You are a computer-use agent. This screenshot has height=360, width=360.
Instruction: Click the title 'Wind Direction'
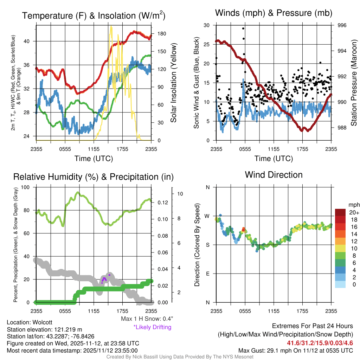pos(274,175)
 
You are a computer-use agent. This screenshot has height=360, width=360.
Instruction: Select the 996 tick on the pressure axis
pos(342,25)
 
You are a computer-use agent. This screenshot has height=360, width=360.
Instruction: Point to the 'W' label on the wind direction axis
pos(207,216)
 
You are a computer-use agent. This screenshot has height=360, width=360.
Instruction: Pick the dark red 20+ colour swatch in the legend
pos(341,212)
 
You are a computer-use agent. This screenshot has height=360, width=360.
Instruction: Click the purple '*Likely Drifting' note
pos(152,327)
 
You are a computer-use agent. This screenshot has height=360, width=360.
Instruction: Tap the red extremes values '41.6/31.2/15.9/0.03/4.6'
pos(320,343)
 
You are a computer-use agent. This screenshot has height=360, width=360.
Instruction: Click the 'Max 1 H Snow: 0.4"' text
pos(147,319)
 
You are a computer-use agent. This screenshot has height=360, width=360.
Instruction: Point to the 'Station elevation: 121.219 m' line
pos(44,329)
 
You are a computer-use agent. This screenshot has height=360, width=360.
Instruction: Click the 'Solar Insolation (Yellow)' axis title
pos(174,83)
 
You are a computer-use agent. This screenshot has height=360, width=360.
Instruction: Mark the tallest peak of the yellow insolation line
pos(111,26)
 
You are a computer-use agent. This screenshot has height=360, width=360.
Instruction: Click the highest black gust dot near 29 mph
pos(243,28)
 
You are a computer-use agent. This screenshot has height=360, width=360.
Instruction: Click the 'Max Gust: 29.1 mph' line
pos(295,350)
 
